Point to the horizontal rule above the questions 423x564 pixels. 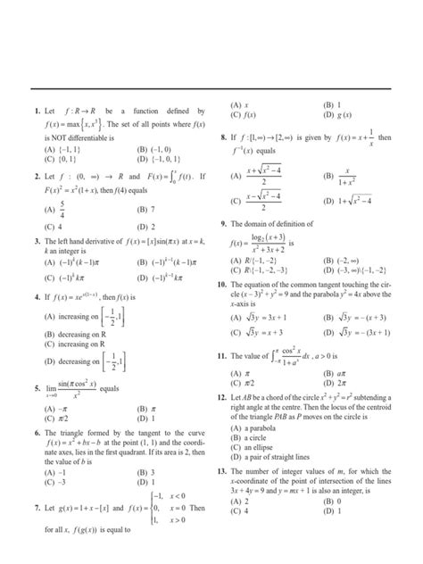pyautogui.click(x=211, y=90)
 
